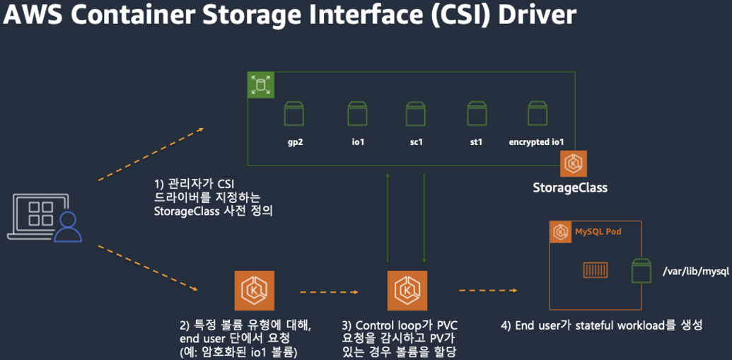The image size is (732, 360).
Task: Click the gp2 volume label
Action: (295, 142)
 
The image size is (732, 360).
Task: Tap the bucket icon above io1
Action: (357, 114)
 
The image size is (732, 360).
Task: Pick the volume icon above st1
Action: (477, 114)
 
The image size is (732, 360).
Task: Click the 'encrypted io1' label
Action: (536, 142)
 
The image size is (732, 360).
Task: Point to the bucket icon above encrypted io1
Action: (536, 114)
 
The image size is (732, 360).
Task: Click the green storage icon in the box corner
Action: (261, 86)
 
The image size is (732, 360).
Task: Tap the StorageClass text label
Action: (570, 188)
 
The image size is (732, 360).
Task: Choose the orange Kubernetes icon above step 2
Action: (254, 291)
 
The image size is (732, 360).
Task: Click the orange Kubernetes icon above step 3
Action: (407, 291)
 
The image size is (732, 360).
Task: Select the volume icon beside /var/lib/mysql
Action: (642, 271)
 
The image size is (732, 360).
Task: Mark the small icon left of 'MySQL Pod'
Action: (562, 232)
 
